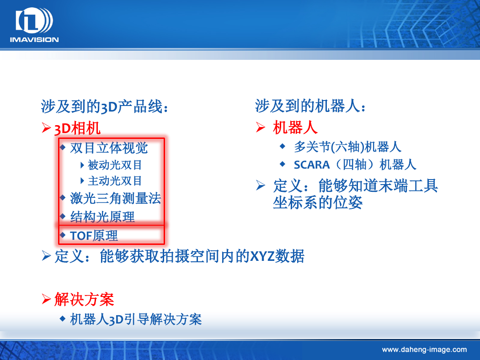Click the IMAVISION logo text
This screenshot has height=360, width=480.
point(34,39)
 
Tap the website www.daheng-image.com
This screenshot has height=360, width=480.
point(424,349)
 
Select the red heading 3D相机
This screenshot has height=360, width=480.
point(77,128)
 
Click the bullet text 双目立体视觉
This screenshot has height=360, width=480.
point(109,148)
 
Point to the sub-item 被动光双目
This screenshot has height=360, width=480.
point(115,165)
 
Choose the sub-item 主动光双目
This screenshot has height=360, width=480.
point(115,181)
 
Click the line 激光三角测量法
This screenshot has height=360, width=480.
point(115,198)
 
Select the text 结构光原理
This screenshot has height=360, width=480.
point(102,217)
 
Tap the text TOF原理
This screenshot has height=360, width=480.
point(94,236)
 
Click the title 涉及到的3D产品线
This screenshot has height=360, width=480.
point(104,106)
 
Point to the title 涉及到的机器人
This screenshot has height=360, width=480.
point(310,106)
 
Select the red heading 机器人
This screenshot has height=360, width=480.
point(295,127)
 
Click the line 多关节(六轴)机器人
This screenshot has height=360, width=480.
point(348,147)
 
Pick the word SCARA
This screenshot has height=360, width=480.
point(312,165)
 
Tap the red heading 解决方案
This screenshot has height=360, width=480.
point(84,299)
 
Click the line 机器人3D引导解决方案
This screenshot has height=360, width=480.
point(136,319)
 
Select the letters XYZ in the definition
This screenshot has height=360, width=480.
point(262,256)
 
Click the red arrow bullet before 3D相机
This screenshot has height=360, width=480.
point(46,127)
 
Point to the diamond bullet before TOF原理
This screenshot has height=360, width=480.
point(63,235)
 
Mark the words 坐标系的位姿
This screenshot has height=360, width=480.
point(318,202)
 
